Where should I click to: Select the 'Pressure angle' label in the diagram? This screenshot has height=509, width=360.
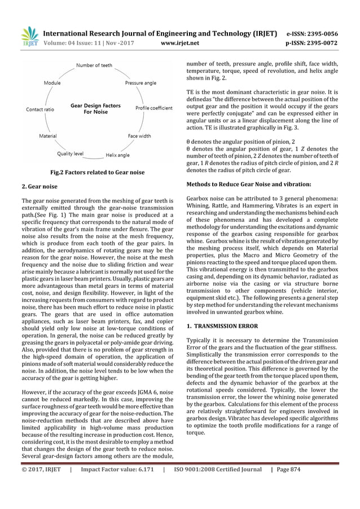[141, 83]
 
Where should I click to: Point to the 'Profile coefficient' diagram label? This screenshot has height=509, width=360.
[154, 108]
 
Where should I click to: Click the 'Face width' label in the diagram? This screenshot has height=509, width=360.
[139, 136]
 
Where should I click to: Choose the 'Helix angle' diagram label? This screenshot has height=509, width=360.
[117, 155]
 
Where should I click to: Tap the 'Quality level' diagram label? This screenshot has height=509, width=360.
[71, 153]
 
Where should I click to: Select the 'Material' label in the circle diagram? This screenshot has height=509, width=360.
[47, 136]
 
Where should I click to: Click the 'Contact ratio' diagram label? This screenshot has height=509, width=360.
[40, 109]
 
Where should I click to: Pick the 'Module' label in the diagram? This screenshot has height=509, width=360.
[52, 83]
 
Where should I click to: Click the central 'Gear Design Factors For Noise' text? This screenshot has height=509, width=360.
[95, 108]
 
